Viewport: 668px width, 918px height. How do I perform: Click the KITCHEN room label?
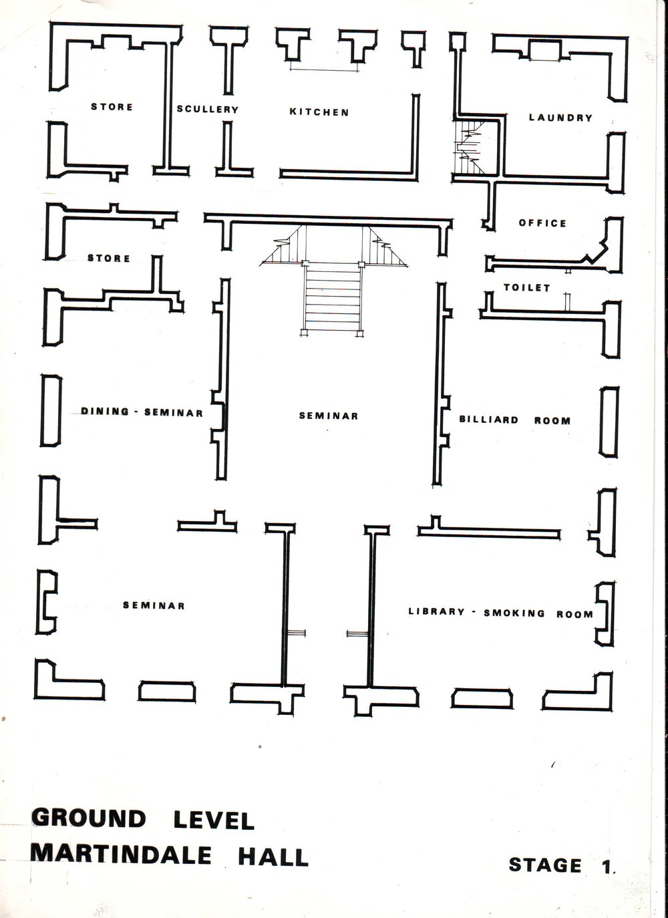point(319,112)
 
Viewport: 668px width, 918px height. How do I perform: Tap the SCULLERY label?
point(207,110)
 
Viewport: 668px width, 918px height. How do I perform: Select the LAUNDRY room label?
point(560,118)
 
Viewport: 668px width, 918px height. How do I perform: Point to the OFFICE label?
point(542,223)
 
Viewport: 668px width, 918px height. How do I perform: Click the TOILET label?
point(527,287)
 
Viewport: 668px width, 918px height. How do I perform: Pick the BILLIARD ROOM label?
point(515,420)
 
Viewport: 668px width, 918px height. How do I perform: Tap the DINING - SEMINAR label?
point(142,412)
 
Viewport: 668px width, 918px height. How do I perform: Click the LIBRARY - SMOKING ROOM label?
point(500,613)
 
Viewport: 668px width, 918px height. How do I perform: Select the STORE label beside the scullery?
point(112,107)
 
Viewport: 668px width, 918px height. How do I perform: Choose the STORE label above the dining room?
point(109,258)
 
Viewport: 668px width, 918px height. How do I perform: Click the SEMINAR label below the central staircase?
point(329,416)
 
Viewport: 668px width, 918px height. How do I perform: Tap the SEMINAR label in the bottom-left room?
point(154,605)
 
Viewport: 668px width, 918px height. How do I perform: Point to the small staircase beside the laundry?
point(469,147)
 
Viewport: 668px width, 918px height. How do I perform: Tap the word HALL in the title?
point(273,857)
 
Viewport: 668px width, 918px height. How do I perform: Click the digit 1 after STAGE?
point(607,865)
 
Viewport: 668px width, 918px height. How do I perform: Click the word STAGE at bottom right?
point(545,865)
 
